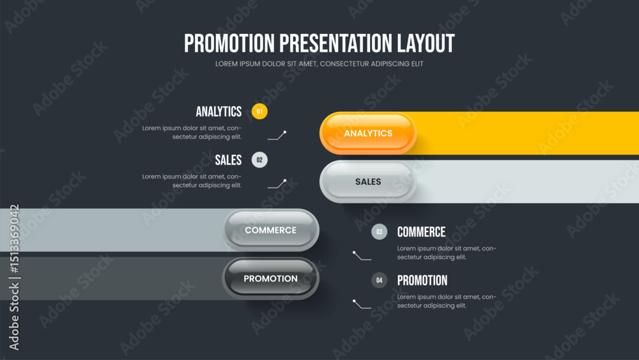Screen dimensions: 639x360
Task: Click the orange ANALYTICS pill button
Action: [368, 133]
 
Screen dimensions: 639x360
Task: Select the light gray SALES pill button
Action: [368, 182]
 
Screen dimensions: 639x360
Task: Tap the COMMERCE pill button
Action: [270, 230]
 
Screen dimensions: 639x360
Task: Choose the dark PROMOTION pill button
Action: [270, 278]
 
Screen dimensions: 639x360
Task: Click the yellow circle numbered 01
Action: [259, 111]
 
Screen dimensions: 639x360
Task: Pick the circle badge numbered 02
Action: [259, 160]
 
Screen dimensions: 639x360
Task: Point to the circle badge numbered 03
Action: [379, 232]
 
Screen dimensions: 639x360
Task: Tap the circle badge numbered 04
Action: [379, 280]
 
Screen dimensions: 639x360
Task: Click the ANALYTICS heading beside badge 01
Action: [219, 111]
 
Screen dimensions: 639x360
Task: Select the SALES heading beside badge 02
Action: [228, 160]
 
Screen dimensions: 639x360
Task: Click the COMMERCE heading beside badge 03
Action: [421, 232]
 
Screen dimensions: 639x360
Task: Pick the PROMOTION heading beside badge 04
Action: [422, 281]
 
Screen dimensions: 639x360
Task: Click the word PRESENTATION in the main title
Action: [336, 43]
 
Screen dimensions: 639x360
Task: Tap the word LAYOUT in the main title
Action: [426, 43]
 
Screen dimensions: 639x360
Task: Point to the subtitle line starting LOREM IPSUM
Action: [319, 63]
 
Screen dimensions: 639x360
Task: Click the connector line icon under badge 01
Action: [277, 136]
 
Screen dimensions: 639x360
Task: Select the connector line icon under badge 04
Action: [362, 304]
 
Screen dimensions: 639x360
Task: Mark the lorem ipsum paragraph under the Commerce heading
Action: [447, 253]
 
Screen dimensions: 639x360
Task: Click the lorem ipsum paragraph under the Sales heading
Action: [192, 180]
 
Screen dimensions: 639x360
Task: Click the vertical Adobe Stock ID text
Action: [14, 278]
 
